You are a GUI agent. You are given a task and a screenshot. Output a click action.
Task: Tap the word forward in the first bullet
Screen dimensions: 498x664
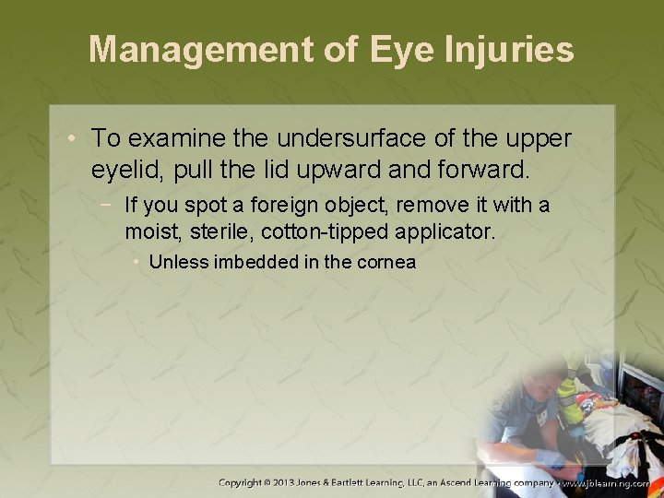(x=483, y=170)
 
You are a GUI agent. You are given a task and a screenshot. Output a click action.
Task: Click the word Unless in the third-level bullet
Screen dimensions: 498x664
(x=178, y=262)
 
